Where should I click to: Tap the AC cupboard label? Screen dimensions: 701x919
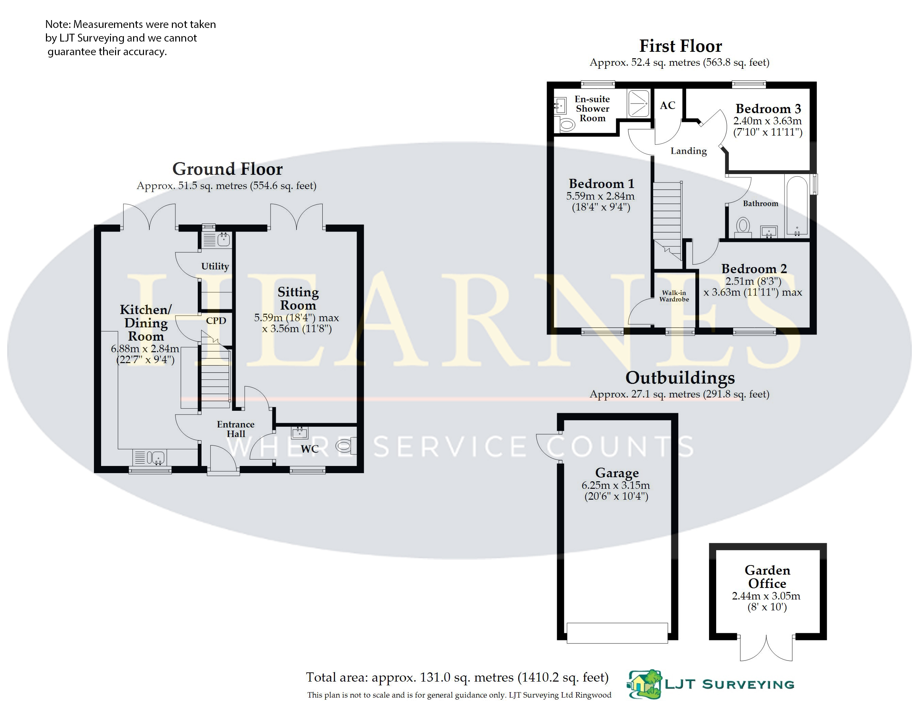point(667,106)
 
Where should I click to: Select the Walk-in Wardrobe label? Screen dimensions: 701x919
point(674,296)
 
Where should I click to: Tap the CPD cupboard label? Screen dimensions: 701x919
point(216,321)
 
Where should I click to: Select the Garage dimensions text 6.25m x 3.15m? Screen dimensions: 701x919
point(615,485)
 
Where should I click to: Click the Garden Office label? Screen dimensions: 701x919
point(767,577)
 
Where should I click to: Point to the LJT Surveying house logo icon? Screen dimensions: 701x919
point(644,684)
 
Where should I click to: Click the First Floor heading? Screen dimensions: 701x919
point(680,46)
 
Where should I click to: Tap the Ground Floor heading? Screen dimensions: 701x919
point(227,169)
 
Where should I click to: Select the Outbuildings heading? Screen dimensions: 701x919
point(680,378)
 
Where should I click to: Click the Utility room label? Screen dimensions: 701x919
point(215,266)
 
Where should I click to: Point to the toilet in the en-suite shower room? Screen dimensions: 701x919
point(567,124)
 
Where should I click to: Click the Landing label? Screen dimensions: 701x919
point(689,151)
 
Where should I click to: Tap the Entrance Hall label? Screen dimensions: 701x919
point(236,429)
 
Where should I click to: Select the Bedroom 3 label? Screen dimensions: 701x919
point(768,109)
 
